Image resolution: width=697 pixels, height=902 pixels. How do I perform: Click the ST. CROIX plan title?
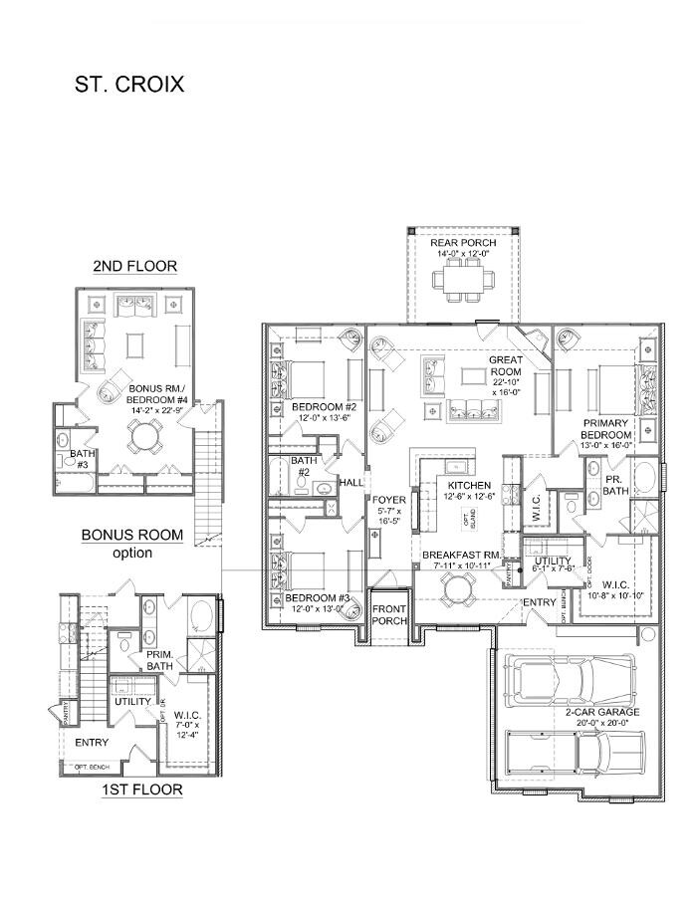point(129,84)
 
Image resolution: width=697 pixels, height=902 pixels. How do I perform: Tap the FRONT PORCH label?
point(387,614)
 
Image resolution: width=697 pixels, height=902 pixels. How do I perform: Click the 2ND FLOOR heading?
point(135,266)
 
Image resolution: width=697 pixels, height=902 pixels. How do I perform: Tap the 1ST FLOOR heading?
point(142,789)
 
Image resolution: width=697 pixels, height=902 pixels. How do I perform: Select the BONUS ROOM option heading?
point(132,543)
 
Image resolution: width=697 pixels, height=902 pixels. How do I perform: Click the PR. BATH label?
point(614,485)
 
